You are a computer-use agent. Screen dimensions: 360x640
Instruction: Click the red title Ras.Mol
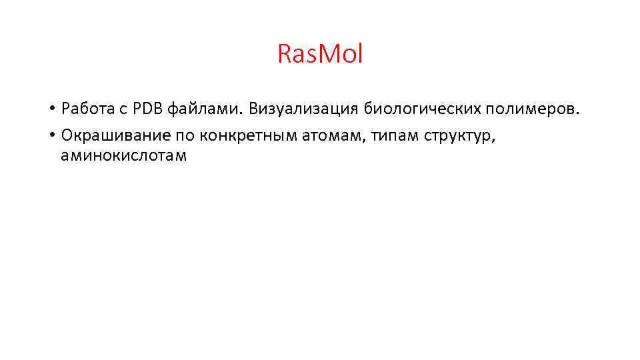coord(320,54)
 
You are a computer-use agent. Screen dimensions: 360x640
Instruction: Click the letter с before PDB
coord(122,109)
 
